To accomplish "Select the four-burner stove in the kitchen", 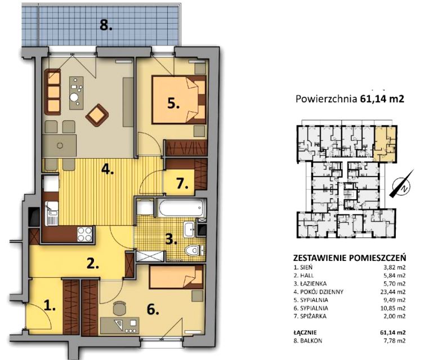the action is [x=85, y=234].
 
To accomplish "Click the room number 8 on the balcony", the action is [x=106, y=26].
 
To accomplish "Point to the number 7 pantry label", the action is [x=182, y=184].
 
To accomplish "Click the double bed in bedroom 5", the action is [x=178, y=100].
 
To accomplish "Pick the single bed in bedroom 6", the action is [x=176, y=277].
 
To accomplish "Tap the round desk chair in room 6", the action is [x=119, y=309].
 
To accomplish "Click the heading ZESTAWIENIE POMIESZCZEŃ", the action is [x=350, y=257].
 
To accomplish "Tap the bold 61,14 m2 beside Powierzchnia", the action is [x=382, y=99].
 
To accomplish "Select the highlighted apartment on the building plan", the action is [x=384, y=143].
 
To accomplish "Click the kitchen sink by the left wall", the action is [x=52, y=213].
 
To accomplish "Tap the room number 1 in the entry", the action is [x=50, y=306].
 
